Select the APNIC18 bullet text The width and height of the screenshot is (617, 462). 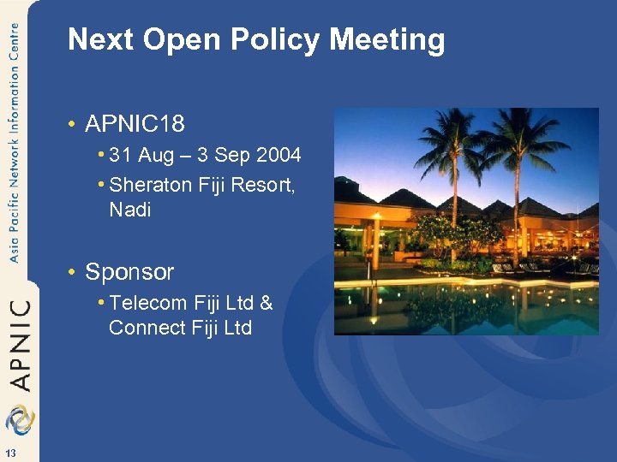(135, 124)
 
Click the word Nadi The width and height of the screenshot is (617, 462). (130, 209)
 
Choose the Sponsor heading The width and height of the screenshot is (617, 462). (129, 272)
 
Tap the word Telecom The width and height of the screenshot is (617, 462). (147, 302)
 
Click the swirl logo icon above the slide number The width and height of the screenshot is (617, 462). (18, 419)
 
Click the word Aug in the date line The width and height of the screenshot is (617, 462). (156, 155)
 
